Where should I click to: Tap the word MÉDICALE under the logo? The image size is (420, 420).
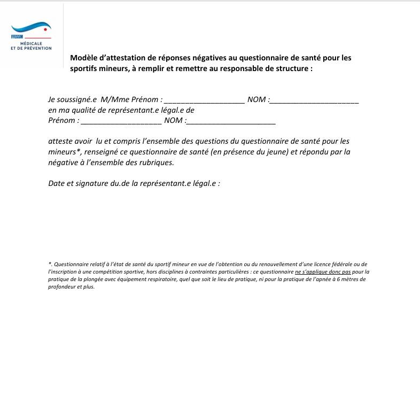click(x=31, y=43)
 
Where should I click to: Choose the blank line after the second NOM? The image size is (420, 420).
click(x=231, y=122)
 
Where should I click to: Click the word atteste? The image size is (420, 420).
click(x=60, y=141)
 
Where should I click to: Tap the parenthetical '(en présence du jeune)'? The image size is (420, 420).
click(x=250, y=152)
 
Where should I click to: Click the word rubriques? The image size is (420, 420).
click(x=155, y=162)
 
